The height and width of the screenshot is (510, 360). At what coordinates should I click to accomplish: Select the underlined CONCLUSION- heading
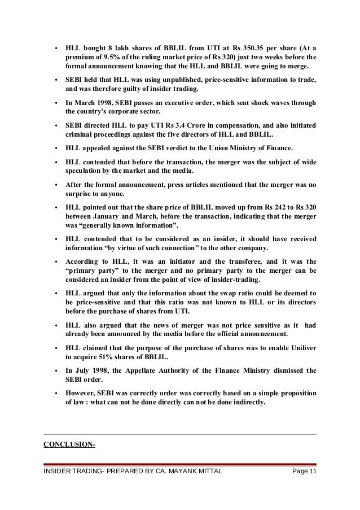pyautogui.click(x=69, y=444)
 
